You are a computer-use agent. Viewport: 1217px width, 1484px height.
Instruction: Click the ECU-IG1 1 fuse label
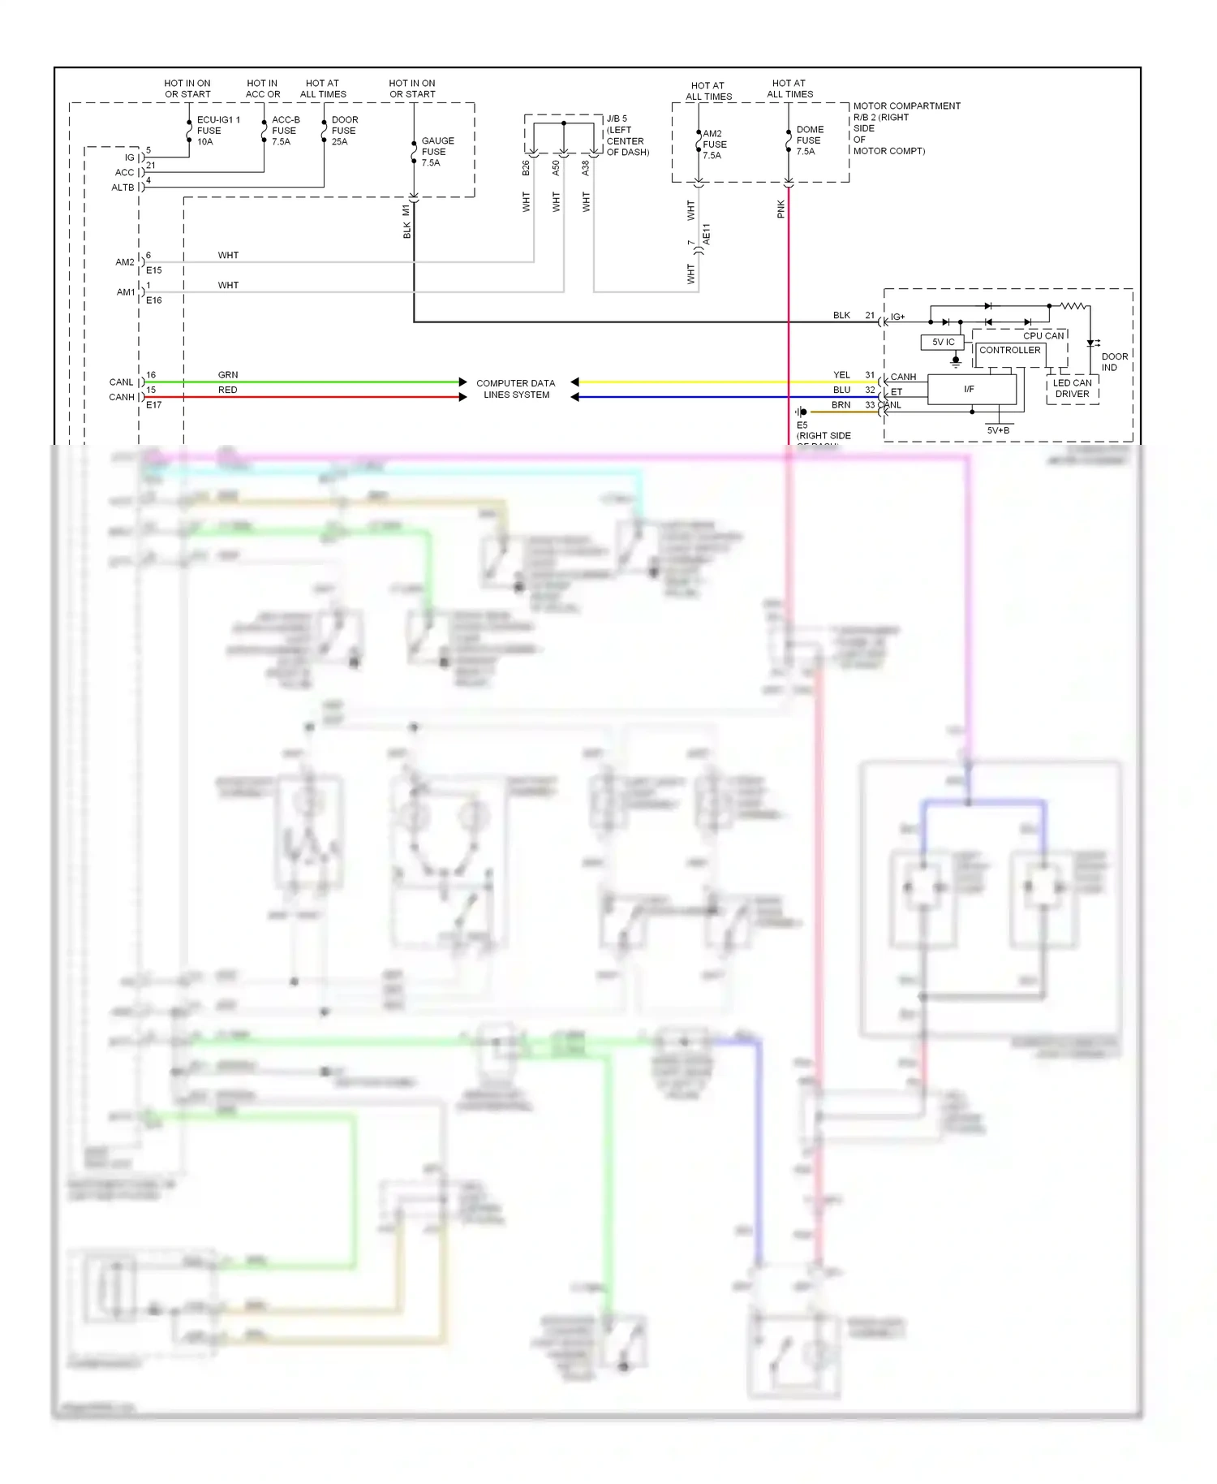coord(217,131)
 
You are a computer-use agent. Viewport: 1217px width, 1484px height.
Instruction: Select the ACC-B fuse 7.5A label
coord(285,131)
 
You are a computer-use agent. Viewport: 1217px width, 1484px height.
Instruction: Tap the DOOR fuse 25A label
coord(344,131)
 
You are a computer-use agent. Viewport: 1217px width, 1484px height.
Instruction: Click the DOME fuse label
coord(809,140)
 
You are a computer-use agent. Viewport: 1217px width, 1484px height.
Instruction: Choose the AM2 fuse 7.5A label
coord(713,145)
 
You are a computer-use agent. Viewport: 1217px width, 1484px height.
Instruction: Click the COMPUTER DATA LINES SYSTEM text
coord(516,389)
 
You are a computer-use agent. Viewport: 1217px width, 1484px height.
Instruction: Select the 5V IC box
coord(943,343)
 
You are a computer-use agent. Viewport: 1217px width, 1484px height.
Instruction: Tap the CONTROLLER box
coord(1009,351)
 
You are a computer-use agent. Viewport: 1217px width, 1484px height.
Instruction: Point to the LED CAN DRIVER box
coord(1072,389)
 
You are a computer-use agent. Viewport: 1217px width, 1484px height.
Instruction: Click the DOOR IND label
coord(1113,362)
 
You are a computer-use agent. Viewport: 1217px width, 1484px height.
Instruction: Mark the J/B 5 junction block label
coord(626,136)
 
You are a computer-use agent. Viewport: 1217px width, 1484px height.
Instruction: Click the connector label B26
coord(526,168)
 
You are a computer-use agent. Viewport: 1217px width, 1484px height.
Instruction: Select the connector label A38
coord(586,168)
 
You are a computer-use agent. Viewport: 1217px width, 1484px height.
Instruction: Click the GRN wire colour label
coord(228,375)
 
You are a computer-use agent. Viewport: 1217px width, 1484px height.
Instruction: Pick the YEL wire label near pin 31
coord(841,375)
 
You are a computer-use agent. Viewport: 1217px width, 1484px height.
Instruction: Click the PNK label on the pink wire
coord(781,209)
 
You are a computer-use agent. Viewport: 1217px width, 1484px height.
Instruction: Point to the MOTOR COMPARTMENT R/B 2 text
coord(905,128)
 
